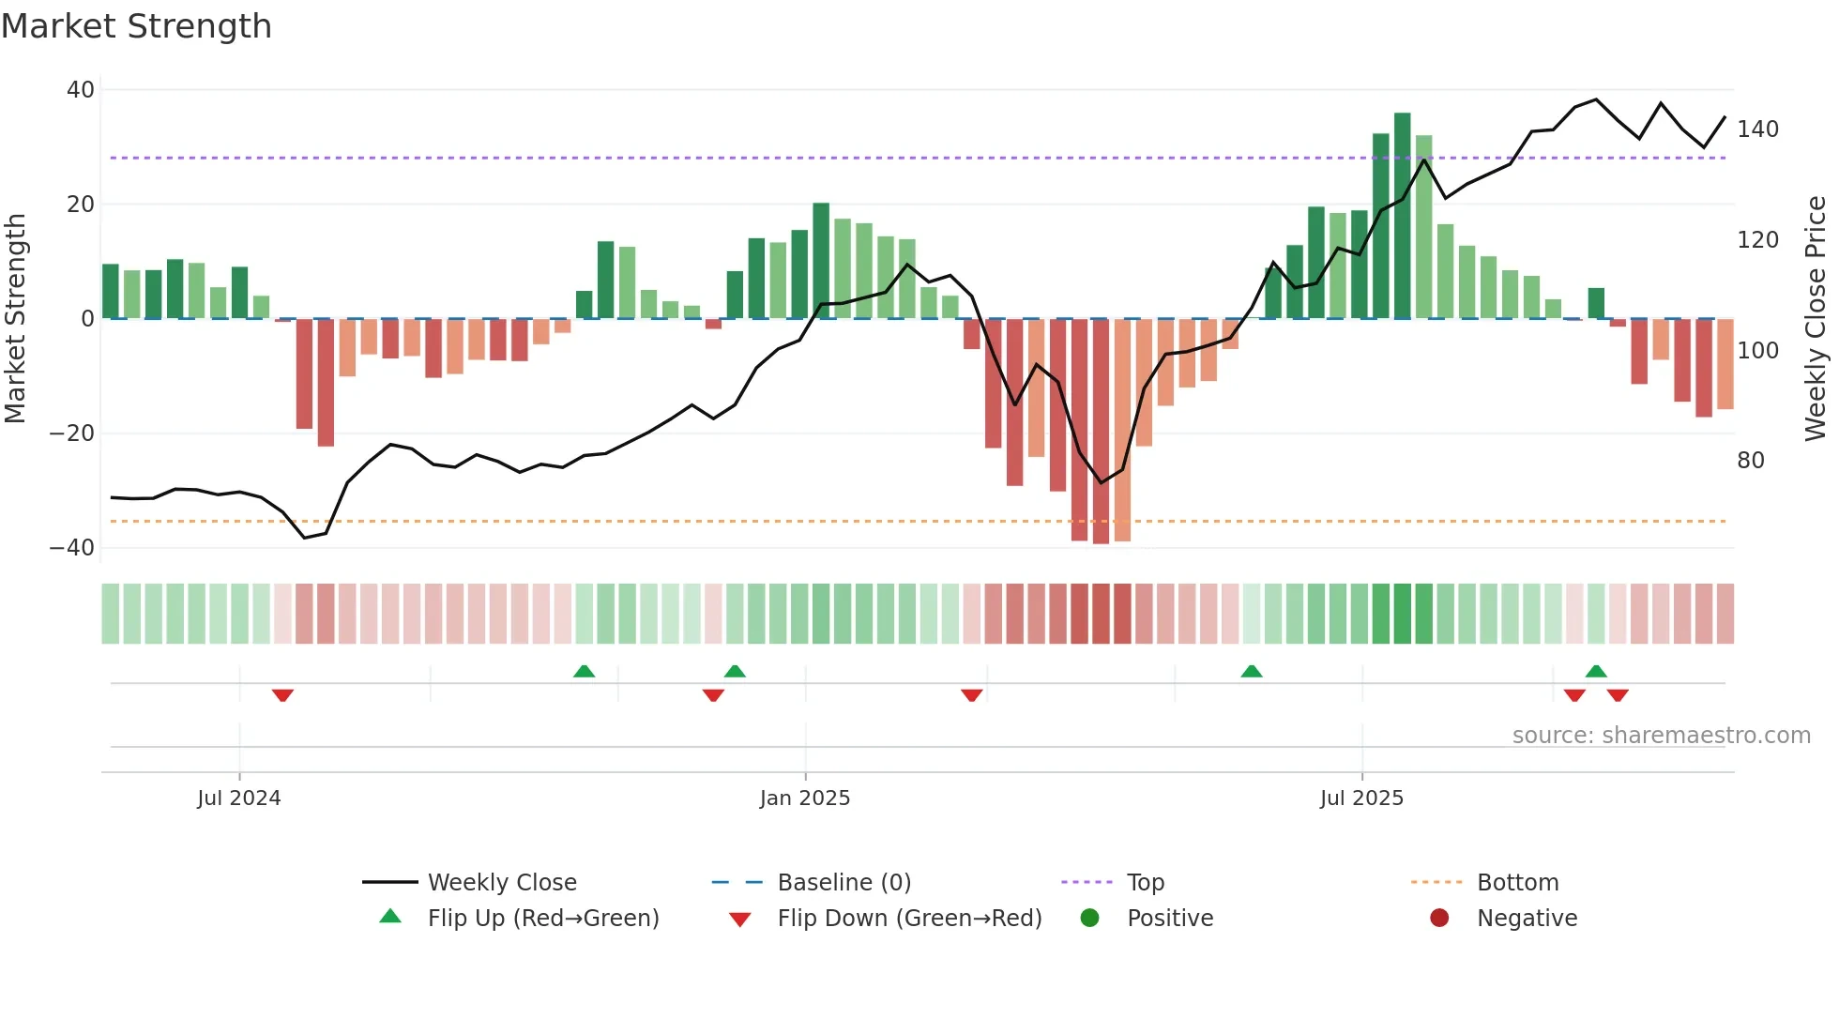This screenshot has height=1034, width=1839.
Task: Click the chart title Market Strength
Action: pos(136,26)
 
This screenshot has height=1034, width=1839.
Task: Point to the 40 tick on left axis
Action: pos(81,90)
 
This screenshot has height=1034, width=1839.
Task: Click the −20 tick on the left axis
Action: pos(72,433)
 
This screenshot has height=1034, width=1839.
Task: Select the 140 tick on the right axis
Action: pos(1757,129)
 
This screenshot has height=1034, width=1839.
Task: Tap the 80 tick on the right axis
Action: pos(1751,461)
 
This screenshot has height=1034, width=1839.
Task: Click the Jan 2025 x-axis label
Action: pos(805,798)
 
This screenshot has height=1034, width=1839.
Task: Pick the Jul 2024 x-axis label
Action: pos(239,798)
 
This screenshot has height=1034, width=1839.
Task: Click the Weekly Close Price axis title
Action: pos(1816,319)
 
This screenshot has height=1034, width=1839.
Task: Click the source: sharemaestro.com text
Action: pos(1661,736)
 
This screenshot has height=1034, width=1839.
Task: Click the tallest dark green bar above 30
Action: pos(1403,216)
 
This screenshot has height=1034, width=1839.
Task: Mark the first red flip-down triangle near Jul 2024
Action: pos(282,695)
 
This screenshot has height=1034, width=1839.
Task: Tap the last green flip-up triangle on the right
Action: pos(1596,671)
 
